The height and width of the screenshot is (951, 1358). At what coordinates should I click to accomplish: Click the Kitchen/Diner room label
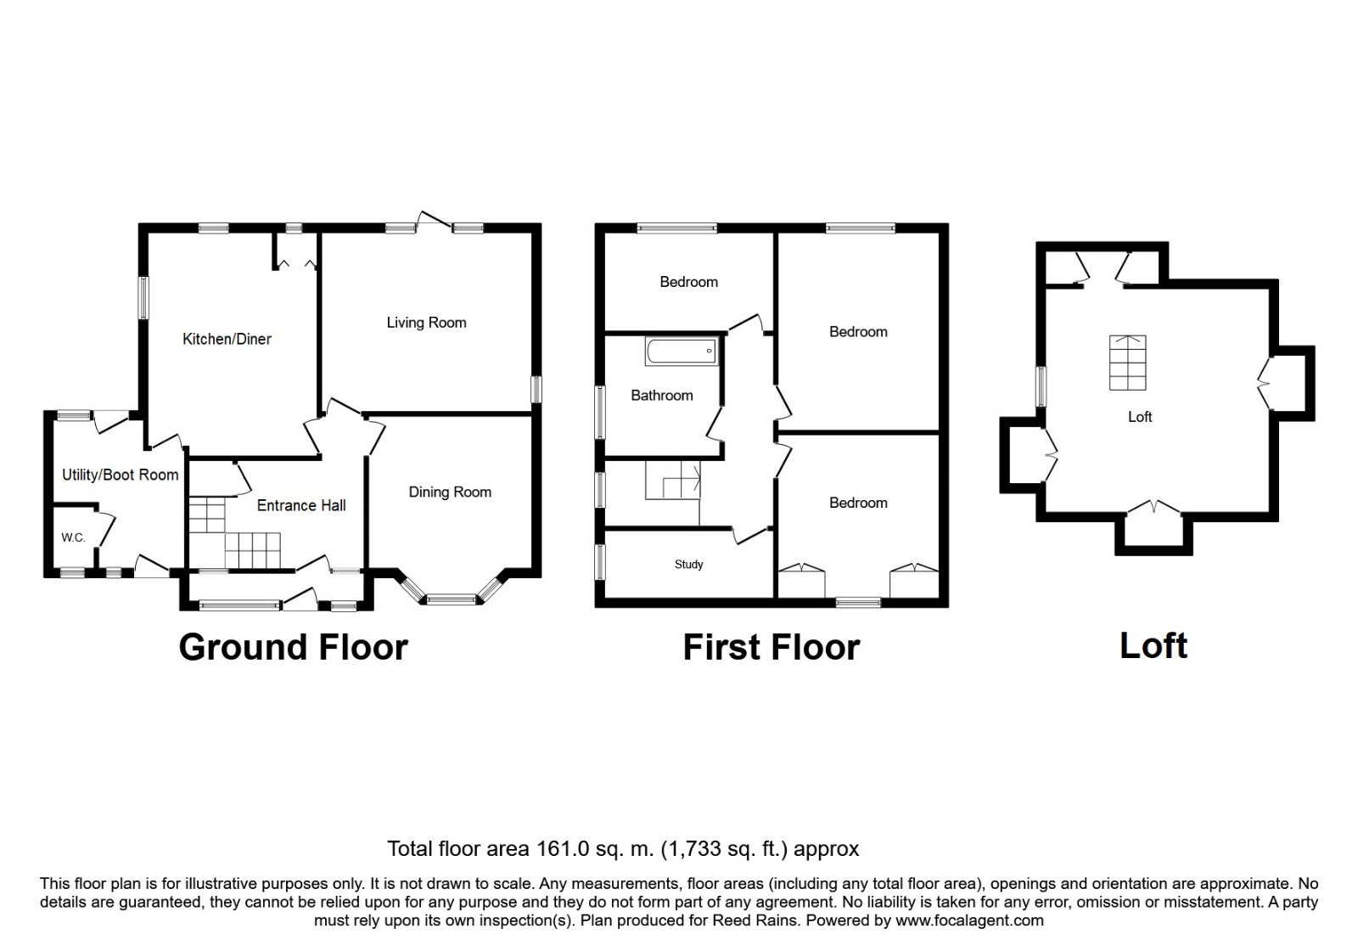click(227, 339)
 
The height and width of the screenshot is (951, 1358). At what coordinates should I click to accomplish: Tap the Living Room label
click(427, 323)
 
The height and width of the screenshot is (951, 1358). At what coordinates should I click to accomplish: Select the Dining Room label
click(450, 492)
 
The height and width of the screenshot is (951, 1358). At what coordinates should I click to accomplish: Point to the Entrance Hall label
click(301, 505)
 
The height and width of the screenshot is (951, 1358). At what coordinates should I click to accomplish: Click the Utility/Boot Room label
click(120, 475)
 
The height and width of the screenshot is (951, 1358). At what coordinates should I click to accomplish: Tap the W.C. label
click(73, 538)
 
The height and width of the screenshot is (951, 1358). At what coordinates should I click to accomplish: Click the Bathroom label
click(662, 396)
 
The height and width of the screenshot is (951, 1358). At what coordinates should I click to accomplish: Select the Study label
click(688, 565)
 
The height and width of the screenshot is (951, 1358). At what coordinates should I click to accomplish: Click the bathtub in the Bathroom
click(682, 352)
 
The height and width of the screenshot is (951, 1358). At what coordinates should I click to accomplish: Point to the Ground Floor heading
click(294, 648)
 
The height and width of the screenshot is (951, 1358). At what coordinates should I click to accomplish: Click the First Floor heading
click(772, 648)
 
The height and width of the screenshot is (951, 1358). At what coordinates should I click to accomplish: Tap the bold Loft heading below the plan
click(1153, 646)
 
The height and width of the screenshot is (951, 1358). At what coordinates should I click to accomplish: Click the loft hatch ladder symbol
click(1128, 363)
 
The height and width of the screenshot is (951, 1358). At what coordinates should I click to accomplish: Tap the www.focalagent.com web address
click(969, 920)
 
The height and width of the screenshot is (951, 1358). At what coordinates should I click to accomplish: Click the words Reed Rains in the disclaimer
click(755, 920)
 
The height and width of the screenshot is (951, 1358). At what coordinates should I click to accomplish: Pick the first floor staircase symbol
click(673, 481)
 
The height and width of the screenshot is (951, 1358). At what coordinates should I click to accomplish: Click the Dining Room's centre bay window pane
click(451, 599)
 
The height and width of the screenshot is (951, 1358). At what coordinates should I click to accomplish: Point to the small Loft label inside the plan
click(1140, 417)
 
